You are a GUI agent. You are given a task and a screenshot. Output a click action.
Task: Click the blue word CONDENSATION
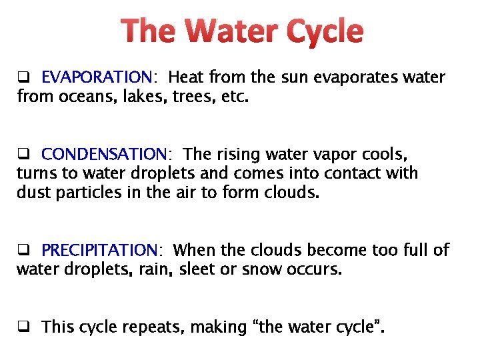(103, 155)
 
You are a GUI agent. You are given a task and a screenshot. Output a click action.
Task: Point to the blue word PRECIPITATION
(99, 251)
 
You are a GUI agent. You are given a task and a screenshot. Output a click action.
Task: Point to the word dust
(33, 193)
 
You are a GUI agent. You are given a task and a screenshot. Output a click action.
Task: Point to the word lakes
(141, 97)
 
